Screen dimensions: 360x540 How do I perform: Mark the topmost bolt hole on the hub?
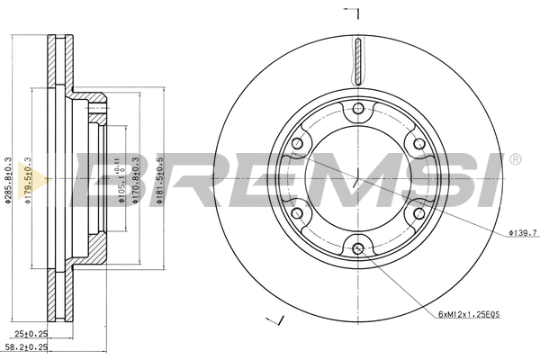click(x=358, y=109)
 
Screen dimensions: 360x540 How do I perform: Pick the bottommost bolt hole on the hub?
click(x=358, y=248)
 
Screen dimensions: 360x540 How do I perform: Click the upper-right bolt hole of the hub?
click(x=418, y=144)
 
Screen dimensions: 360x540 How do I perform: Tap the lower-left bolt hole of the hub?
click(x=298, y=213)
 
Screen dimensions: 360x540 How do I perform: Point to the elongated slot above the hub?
click(x=358, y=64)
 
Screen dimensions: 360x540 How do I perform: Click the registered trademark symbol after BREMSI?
click(x=515, y=160)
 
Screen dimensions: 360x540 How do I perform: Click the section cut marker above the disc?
click(x=354, y=13)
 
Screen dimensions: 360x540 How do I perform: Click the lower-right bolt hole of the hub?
click(x=418, y=213)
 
